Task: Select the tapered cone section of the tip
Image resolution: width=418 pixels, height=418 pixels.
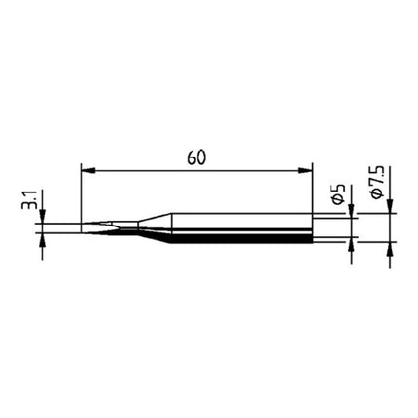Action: pyautogui.click(x=146, y=229)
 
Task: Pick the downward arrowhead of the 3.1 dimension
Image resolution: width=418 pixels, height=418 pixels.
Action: pyautogui.click(x=42, y=222)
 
